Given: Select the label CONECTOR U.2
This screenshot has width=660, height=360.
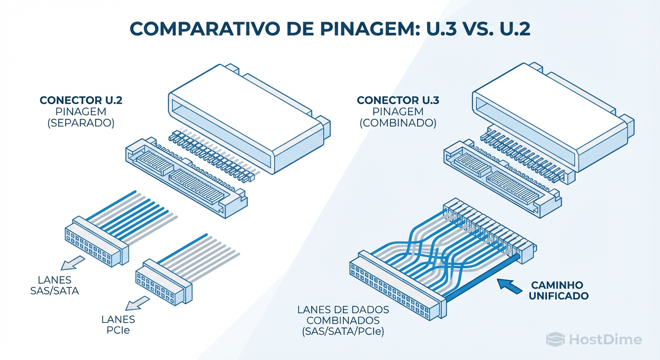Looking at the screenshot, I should [x=81, y=101].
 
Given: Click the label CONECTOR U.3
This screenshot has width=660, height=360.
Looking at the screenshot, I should [x=397, y=101].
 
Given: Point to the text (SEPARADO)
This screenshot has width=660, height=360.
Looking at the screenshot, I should [x=81, y=124].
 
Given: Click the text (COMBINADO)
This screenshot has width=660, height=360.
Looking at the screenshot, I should [x=397, y=124].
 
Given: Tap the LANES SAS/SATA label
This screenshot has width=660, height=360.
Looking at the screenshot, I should [x=54, y=285].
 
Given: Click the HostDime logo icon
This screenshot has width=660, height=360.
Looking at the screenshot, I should [x=555, y=339].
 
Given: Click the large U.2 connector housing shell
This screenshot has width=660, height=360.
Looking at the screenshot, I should [x=248, y=117].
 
